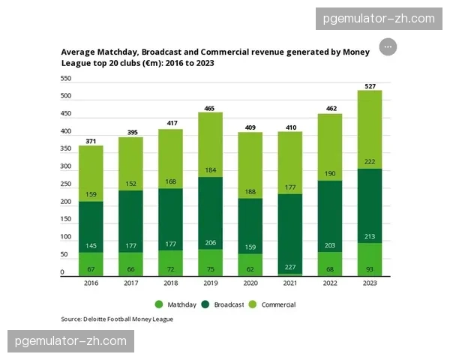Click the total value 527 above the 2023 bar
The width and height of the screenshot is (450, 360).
pos(370,85)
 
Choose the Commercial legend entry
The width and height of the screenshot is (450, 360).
pos(274,304)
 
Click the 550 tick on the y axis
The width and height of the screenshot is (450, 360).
pos(66,79)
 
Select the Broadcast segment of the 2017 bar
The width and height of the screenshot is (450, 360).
pos(130,217)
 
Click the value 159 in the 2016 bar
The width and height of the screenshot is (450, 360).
pos(90,195)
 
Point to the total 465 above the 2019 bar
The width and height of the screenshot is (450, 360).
pos(209,108)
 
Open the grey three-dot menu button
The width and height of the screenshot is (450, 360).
pos(388,46)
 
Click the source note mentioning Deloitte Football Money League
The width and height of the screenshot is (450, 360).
pos(117,319)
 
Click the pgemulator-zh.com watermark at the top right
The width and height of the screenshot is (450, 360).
pos(379,18)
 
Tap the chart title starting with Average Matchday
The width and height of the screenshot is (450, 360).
pos(210,58)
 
